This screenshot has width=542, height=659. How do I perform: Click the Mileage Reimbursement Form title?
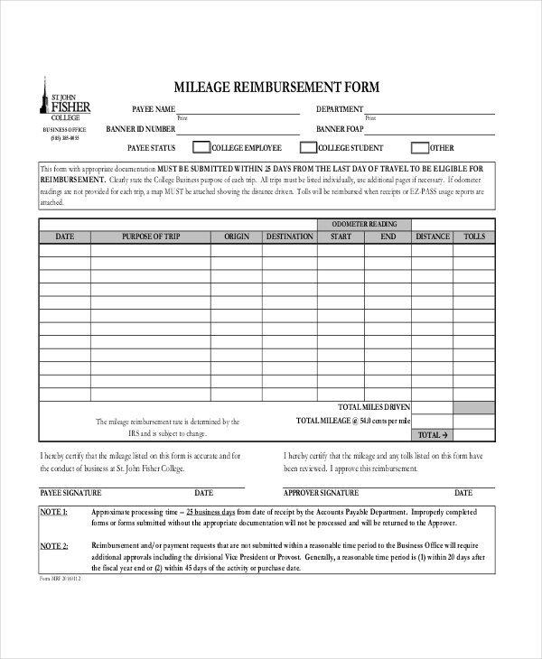(276, 88)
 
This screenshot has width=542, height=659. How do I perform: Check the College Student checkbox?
(307, 148)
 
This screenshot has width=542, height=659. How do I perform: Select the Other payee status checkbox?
(419, 148)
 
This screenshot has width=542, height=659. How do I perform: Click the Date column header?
(65, 237)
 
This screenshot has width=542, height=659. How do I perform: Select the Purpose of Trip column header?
(151, 237)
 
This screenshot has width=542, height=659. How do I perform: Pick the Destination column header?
(289, 237)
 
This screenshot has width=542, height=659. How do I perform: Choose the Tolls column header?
(473, 237)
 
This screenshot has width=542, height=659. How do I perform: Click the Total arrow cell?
(432, 434)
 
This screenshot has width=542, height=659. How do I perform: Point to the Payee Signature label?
(70, 493)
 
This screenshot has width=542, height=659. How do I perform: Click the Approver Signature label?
(321, 493)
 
